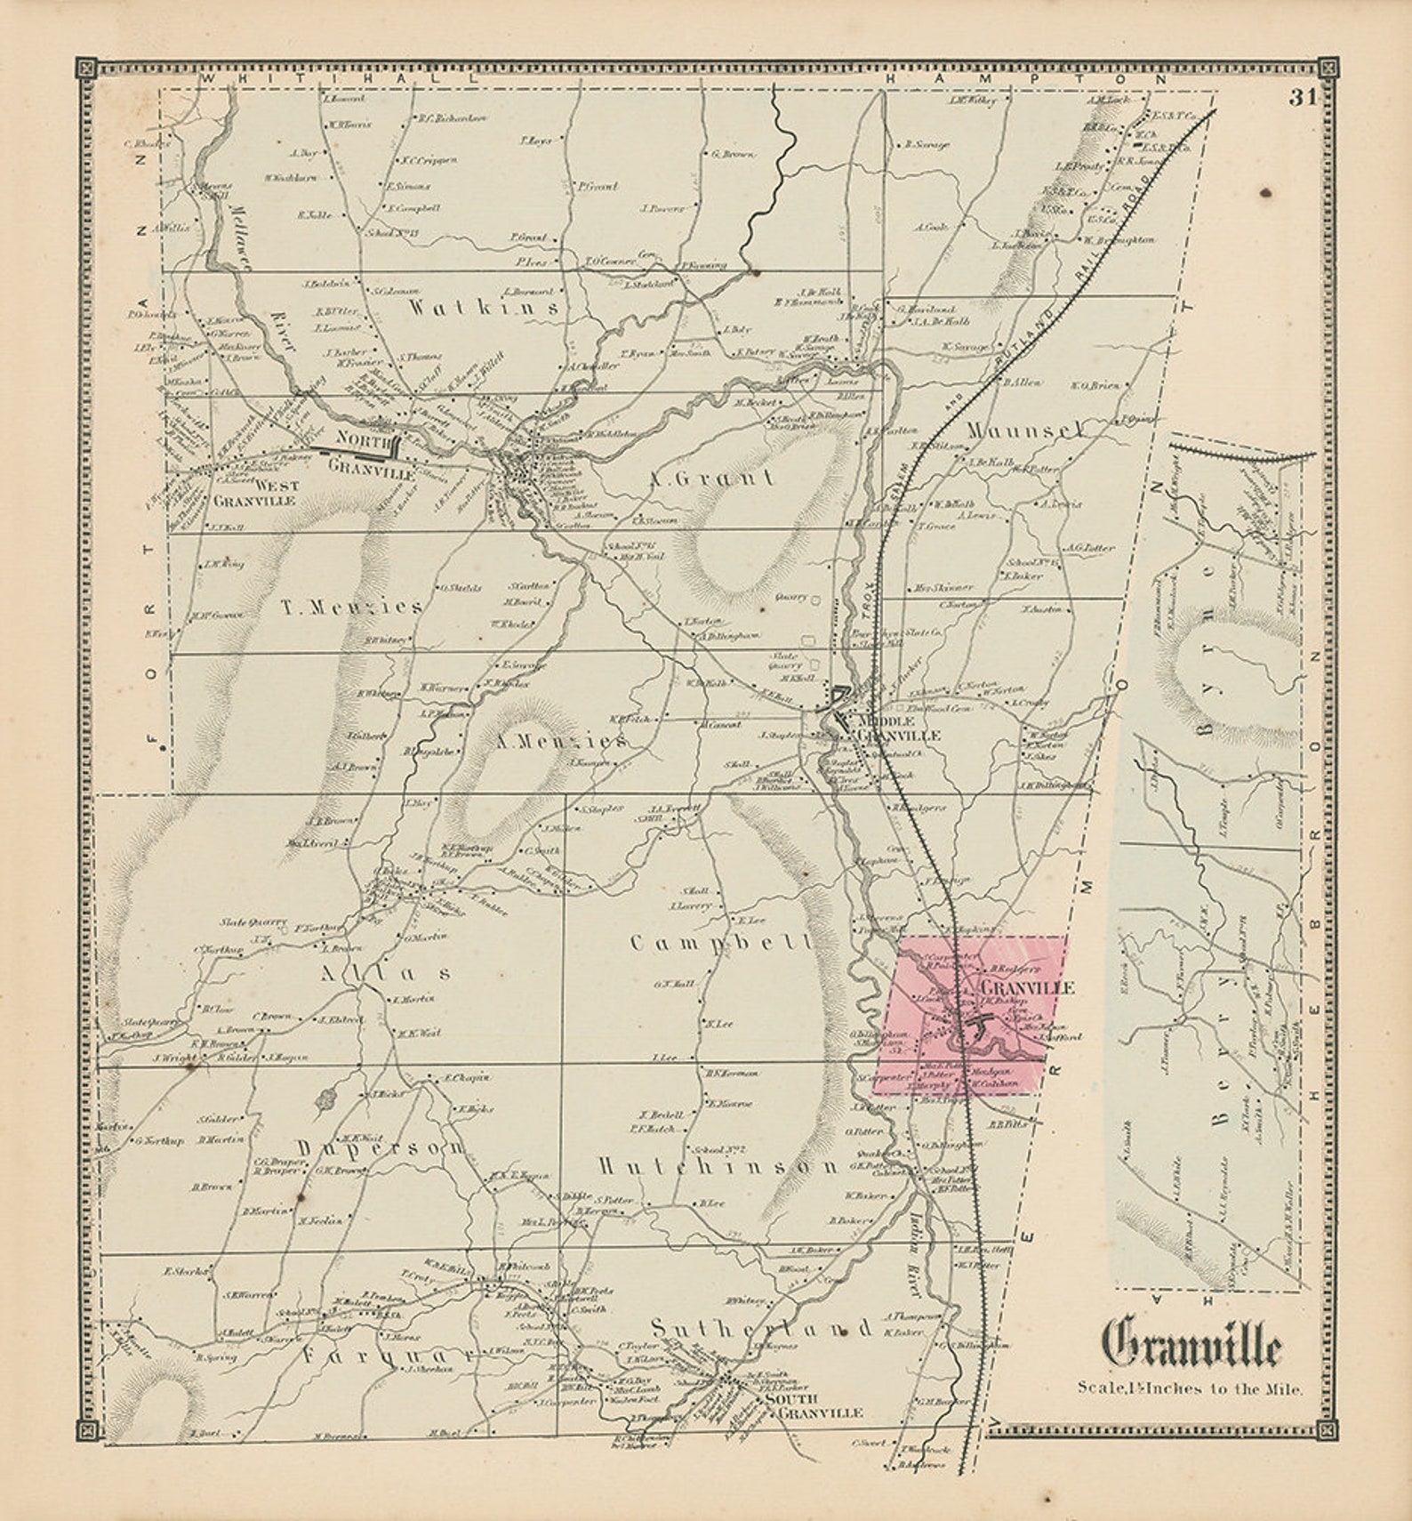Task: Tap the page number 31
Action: click(1304, 98)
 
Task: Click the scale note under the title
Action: click(1190, 1388)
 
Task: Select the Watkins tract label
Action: click(484, 308)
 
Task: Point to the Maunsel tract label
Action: click(1026, 430)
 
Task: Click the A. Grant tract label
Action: click(710, 479)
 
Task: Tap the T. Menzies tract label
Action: click(352, 608)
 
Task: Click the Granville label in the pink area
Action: click(1026, 987)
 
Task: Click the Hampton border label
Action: click(1027, 78)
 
